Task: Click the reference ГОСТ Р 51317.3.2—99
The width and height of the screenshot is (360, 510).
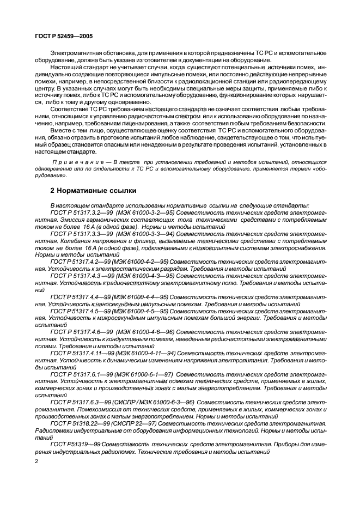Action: pos(77,211)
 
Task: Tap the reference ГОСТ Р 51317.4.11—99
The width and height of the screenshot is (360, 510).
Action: pos(79,353)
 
